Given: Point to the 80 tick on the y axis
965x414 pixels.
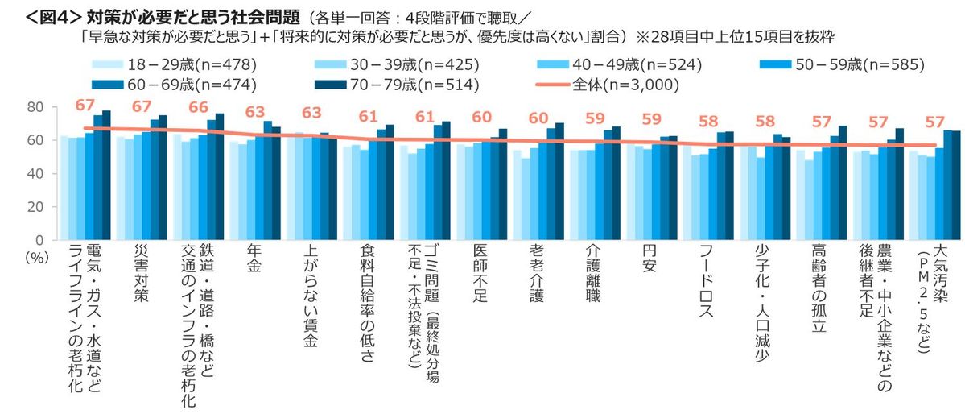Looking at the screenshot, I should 35,107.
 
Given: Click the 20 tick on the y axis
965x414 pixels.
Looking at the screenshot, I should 35,207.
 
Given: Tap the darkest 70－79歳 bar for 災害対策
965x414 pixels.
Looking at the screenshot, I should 163,177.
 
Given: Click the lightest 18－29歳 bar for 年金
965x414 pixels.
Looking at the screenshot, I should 233,191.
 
